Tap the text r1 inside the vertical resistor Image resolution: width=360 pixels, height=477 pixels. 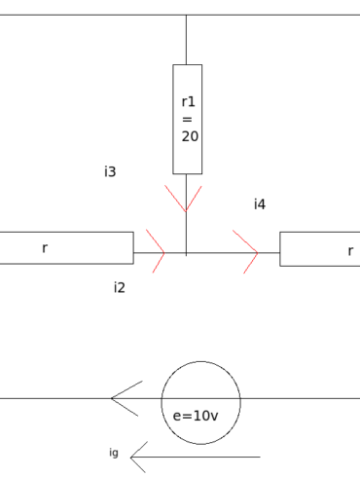(x=189, y=101)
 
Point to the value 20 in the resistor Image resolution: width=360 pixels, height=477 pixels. (x=190, y=137)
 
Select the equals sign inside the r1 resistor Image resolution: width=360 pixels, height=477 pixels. (x=188, y=119)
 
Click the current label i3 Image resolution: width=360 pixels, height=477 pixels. (x=110, y=172)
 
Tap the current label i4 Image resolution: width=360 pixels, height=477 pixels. (x=260, y=204)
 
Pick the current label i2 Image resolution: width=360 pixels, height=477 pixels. (x=119, y=287)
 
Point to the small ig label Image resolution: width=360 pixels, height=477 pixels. (x=114, y=453)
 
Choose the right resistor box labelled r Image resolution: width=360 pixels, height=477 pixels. (x=319, y=249)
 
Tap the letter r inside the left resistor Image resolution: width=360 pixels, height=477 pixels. (x=45, y=249)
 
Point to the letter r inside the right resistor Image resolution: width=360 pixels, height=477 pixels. (x=350, y=251)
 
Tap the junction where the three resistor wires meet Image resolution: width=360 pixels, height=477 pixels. (x=186, y=253)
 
